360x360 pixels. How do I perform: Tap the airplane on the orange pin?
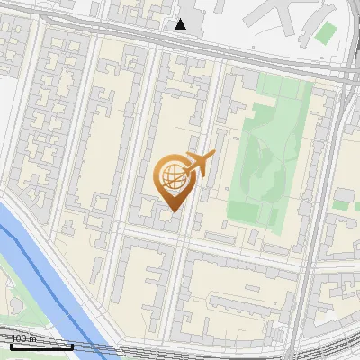pyautogui.click(x=199, y=165)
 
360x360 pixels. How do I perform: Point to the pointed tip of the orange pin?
pyautogui.click(x=171, y=211)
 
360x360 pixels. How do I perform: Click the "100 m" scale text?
pyautogui.click(x=23, y=338)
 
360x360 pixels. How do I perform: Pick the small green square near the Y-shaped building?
pyautogui.click(x=326, y=33)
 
